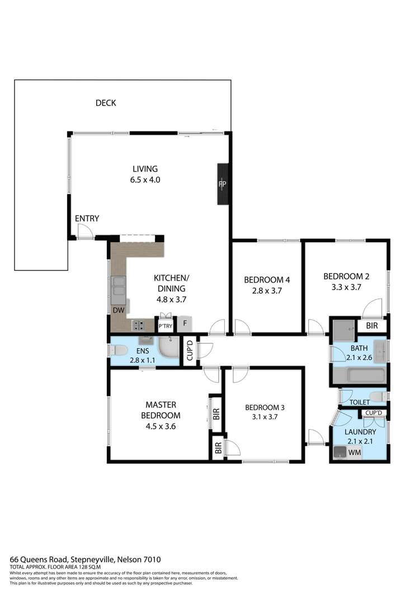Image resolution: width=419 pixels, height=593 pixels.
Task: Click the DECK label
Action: [106, 102]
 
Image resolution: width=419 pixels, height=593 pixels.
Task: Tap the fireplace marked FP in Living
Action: [222, 184]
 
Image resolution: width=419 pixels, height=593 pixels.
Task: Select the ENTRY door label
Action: [87, 219]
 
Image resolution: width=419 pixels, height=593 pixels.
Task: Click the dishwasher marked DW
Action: [118, 310]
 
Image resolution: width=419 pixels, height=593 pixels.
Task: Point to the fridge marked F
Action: [185, 324]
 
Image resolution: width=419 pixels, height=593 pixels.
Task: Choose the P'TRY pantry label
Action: [165, 326]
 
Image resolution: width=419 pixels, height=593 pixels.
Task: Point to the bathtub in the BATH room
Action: [358, 375]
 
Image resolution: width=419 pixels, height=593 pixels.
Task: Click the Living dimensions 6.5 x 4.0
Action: [145, 180]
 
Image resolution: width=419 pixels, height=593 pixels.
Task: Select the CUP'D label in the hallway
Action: [190, 351]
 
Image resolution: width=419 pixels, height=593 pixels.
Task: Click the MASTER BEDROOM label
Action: [162, 410]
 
